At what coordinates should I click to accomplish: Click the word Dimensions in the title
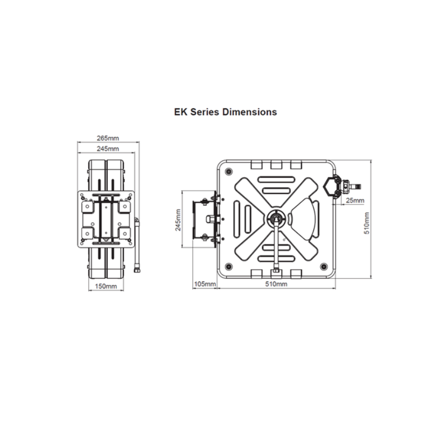click(x=249, y=112)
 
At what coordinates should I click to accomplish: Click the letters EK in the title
click(x=180, y=112)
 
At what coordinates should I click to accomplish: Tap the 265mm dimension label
click(x=108, y=138)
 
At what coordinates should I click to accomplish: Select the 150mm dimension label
click(x=106, y=286)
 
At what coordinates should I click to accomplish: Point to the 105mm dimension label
click(x=205, y=284)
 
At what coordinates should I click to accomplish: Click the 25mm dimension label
click(x=355, y=201)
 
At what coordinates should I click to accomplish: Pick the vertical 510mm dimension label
click(x=367, y=223)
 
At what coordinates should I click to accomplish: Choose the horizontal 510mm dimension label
click(x=276, y=284)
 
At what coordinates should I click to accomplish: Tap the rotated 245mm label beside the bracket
click(x=178, y=220)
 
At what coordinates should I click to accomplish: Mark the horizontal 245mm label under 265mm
click(x=108, y=149)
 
